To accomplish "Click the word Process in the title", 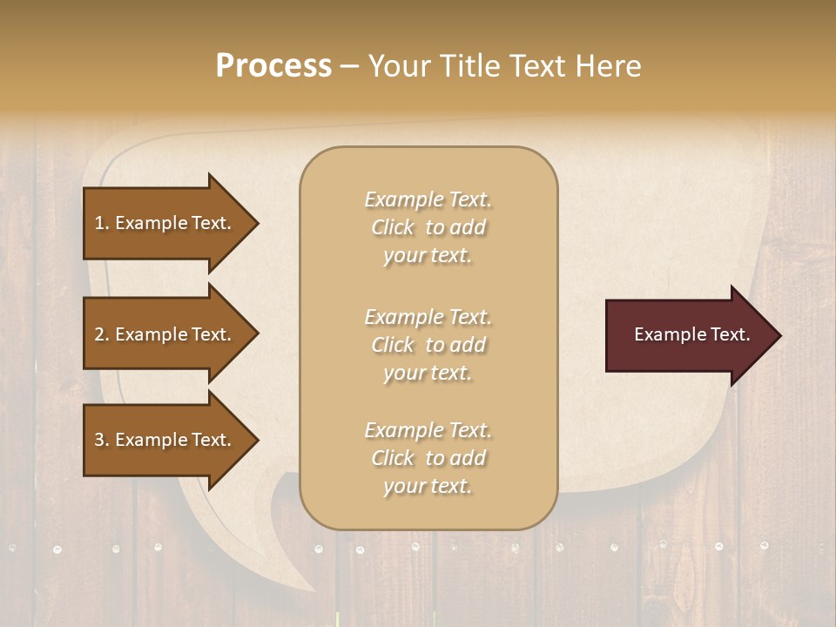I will tap(273, 66).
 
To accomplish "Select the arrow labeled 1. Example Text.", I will tap(165, 223).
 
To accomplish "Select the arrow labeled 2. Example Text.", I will tap(165, 334).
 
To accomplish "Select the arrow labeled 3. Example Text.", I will tap(165, 440).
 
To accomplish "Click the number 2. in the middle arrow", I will tap(102, 334).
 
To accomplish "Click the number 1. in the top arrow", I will tap(102, 223).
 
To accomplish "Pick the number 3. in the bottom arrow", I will tap(102, 440).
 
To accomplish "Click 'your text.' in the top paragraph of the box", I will tap(428, 256).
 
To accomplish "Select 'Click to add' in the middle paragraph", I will tap(428, 346).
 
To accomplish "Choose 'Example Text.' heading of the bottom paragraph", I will tap(428, 430).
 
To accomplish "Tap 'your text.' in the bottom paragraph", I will tap(428, 487).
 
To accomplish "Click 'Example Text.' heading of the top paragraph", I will tap(428, 199).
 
